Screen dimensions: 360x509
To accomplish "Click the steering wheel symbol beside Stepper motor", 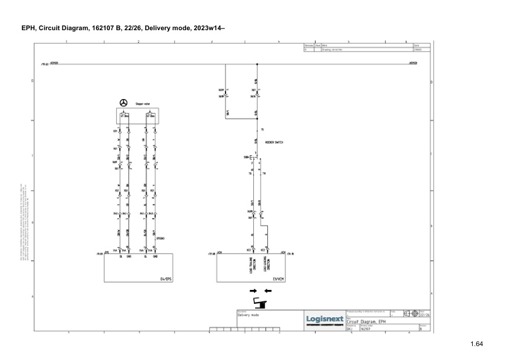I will (x=124, y=103).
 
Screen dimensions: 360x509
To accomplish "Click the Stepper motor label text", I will (x=143, y=104).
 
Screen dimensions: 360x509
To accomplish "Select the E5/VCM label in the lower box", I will (x=279, y=278).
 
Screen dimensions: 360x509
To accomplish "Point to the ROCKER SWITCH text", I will (x=274, y=143).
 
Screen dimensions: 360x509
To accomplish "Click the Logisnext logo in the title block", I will (x=325, y=318).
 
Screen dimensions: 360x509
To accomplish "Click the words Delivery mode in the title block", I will (x=248, y=315).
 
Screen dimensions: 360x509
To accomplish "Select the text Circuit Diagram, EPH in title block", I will (x=366, y=321).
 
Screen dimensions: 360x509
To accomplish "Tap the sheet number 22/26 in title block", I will (x=425, y=315).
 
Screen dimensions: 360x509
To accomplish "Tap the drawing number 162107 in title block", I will (x=366, y=329).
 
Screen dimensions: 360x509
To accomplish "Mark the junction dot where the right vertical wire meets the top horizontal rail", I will (x=257, y=63).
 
